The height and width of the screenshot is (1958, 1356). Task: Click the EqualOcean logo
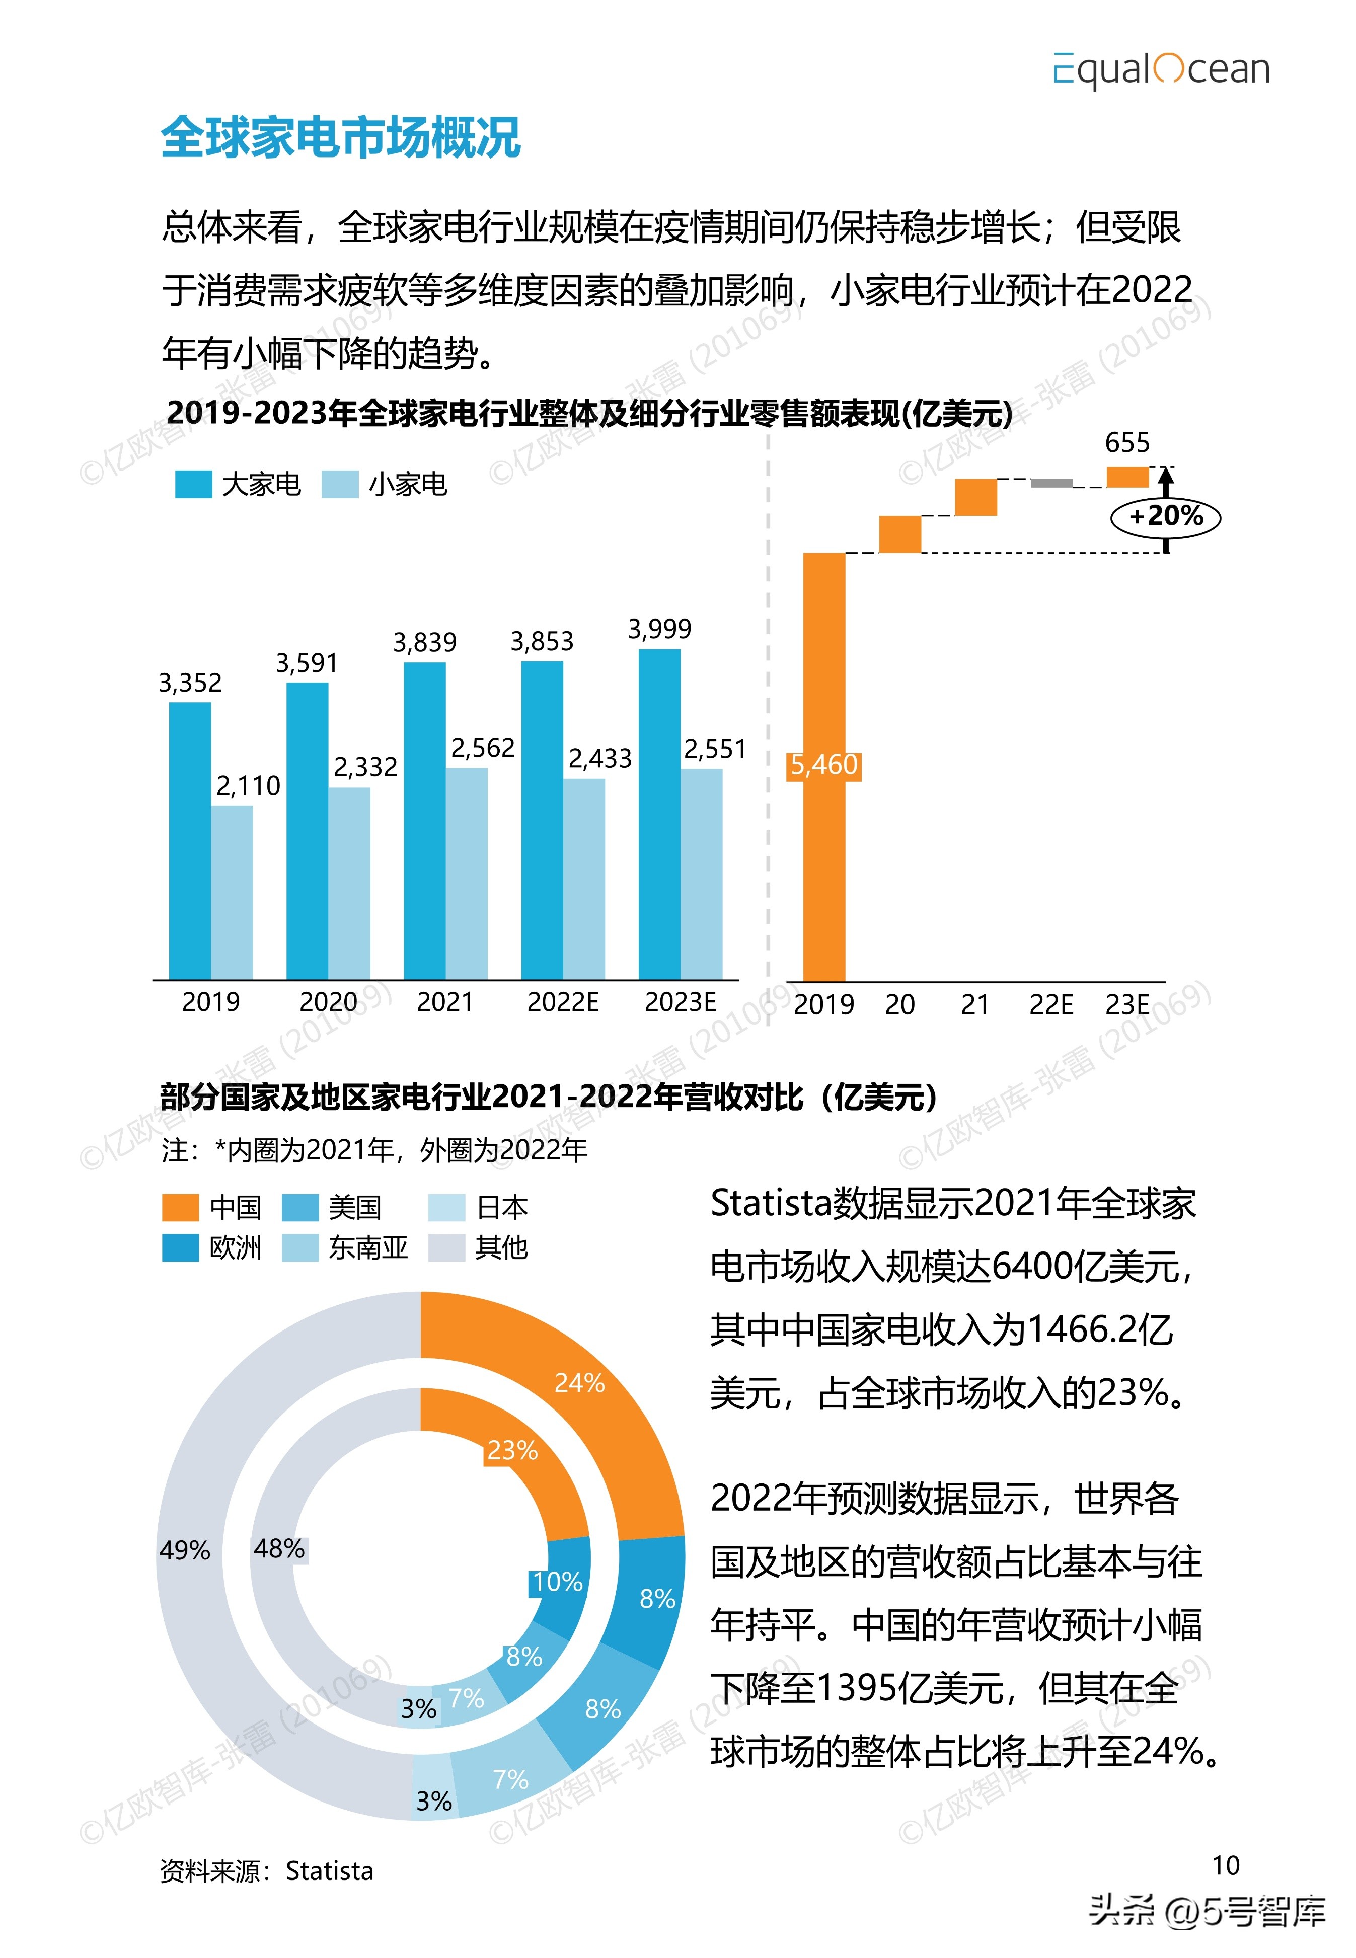1161,69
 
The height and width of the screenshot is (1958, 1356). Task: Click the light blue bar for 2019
232,892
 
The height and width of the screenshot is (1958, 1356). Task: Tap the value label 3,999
659,630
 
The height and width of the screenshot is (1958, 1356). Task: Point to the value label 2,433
600,758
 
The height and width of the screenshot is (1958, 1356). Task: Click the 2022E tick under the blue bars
562,1002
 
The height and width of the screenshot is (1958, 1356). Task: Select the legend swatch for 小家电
340,484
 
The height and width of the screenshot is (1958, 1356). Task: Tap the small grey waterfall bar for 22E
1052,484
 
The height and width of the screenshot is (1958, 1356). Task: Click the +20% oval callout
1166,516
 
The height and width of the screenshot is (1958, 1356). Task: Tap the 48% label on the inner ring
279,1548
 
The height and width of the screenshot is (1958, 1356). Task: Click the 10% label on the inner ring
557,1582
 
